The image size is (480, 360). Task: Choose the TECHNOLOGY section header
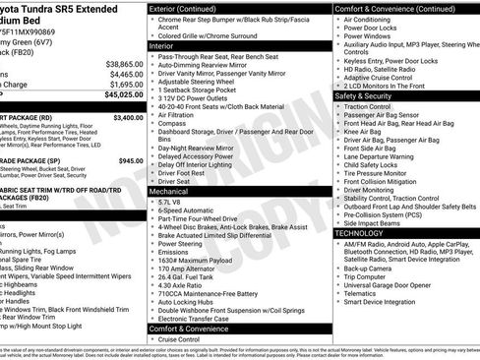click(x=360, y=233)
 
